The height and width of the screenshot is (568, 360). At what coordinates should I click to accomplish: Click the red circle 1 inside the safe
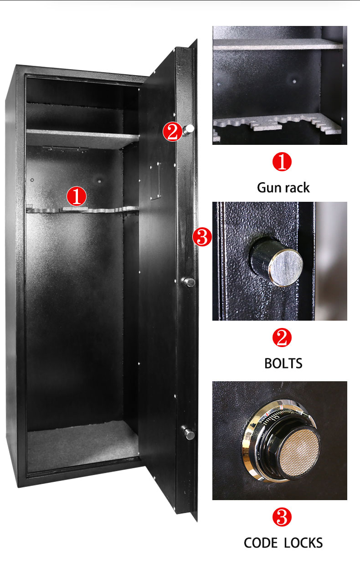[x=77, y=196]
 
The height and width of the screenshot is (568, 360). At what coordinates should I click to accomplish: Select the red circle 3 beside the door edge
[x=202, y=237]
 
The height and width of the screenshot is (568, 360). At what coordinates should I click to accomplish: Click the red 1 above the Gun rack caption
[x=282, y=162]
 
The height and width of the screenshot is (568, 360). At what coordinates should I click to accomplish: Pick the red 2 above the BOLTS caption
[x=282, y=338]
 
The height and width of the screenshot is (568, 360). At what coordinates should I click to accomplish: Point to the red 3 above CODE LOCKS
[x=282, y=517]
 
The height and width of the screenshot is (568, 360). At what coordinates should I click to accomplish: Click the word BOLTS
[x=283, y=363]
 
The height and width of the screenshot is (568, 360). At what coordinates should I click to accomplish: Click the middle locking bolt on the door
[x=189, y=282]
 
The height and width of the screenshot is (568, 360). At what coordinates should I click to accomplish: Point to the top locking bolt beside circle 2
[x=189, y=130]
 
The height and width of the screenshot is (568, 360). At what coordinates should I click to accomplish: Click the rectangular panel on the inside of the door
[x=156, y=179]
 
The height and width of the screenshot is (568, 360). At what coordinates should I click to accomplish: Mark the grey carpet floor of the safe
[x=82, y=444]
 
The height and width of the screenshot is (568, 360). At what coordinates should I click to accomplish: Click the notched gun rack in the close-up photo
[x=278, y=125]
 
